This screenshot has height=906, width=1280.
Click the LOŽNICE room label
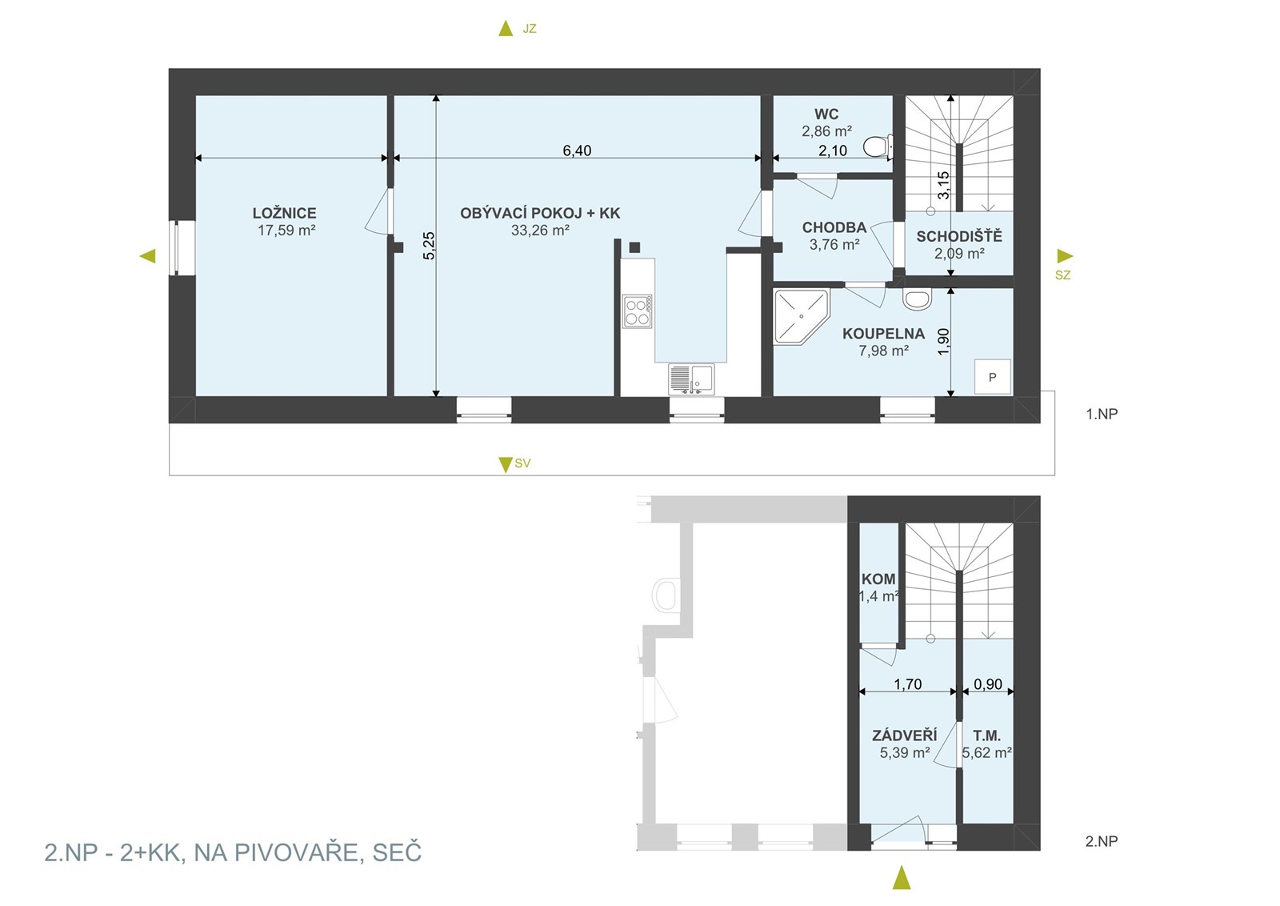[x=285, y=213]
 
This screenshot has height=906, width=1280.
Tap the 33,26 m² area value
[x=540, y=231]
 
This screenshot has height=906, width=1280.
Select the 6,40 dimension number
[x=577, y=150]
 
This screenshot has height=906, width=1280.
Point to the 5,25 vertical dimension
[x=429, y=246]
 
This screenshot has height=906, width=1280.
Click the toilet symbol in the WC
[x=878, y=146]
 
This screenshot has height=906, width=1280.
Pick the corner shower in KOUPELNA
[x=801, y=317]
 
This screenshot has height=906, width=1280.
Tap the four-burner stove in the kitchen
[x=637, y=311]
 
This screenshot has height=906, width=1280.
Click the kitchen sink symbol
[x=691, y=379]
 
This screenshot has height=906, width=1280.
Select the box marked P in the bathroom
[x=993, y=377]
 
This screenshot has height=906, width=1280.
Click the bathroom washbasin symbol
[x=917, y=299]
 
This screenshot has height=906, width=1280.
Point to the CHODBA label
[x=834, y=227]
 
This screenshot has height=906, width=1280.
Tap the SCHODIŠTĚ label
[x=959, y=236]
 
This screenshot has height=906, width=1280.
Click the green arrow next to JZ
[x=506, y=28]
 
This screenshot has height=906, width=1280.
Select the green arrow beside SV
[x=505, y=464]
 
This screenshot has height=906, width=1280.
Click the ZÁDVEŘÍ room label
[x=905, y=735]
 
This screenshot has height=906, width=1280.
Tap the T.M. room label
[x=987, y=736]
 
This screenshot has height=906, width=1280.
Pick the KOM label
[x=879, y=579]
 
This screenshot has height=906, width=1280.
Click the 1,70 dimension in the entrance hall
[x=908, y=684]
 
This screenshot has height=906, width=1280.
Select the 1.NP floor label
[x=1102, y=414]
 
